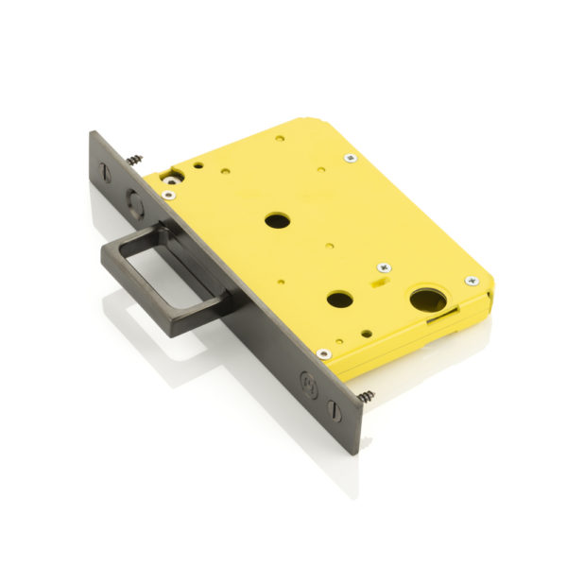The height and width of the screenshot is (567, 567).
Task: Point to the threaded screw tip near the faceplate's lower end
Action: (366, 395)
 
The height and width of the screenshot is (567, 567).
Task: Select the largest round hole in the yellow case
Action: (427, 301)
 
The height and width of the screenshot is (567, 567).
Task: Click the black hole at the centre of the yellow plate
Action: (277, 220)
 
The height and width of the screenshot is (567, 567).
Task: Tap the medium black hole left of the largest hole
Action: (339, 300)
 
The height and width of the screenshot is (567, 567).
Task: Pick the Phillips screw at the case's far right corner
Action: (471, 281)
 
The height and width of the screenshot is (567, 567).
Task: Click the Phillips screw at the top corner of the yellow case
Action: (350, 158)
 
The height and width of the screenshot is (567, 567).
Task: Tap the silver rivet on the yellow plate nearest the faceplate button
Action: (168, 195)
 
